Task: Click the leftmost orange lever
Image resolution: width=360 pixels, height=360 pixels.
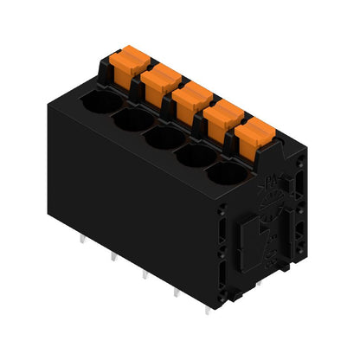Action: [127, 65]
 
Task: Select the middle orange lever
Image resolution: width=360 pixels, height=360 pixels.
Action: [191, 98]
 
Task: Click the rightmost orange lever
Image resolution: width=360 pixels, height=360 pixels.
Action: [254, 132]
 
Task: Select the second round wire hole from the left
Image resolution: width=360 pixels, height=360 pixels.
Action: [129, 122]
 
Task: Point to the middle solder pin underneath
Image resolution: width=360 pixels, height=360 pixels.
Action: [145, 274]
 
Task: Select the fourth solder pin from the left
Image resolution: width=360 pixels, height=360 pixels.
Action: [177, 293]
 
